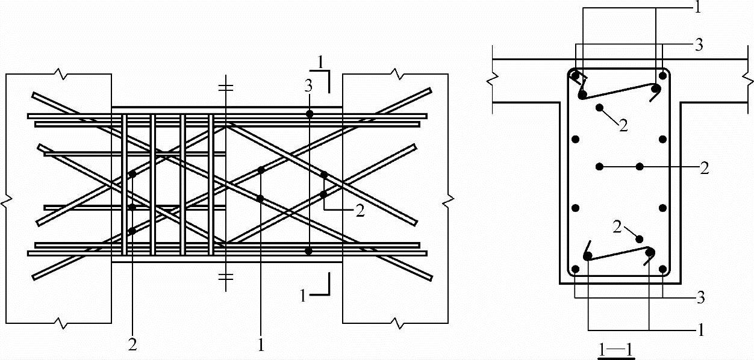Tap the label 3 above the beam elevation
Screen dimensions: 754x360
point(308,86)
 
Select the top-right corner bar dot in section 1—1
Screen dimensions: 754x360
point(662,76)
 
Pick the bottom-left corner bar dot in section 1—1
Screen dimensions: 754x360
point(575,269)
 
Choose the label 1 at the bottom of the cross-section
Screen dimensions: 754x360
point(700,330)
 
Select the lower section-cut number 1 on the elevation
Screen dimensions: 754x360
point(304,294)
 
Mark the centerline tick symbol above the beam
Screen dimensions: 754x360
point(225,88)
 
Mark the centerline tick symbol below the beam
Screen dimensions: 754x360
point(225,278)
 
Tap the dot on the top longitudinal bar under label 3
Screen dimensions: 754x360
point(309,114)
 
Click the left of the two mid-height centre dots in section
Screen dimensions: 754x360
point(599,166)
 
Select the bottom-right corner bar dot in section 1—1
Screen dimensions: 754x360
point(662,269)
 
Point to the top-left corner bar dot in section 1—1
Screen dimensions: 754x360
point(575,76)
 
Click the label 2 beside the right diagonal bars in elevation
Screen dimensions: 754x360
point(360,211)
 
